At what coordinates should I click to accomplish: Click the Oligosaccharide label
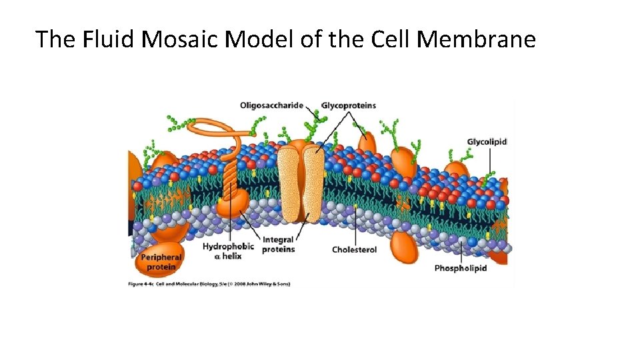point(271,105)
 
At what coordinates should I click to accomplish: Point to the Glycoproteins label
point(349,105)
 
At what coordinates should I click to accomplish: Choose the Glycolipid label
point(487,141)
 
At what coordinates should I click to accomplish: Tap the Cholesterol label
point(354,250)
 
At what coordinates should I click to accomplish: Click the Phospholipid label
point(461,268)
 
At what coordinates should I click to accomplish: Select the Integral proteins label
point(278,245)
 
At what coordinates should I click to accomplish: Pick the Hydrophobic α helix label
point(228,251)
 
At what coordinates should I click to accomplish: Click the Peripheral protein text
point(161,262)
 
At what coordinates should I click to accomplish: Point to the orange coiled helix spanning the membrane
point(230,180)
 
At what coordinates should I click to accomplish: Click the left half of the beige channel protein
point(288,183)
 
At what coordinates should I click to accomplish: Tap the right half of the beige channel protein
point(312,183)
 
